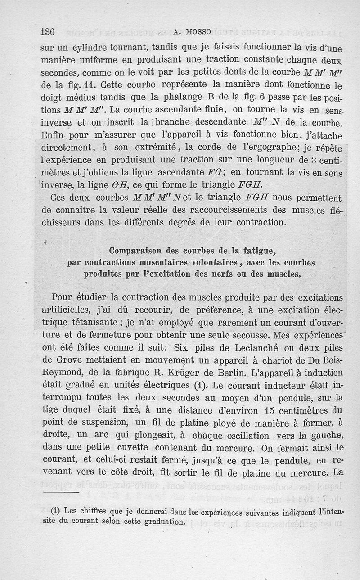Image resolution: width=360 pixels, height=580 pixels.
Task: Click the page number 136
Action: (x=47, y=32)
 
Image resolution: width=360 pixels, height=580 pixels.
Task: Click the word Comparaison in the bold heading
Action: (x=136, y=251)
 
